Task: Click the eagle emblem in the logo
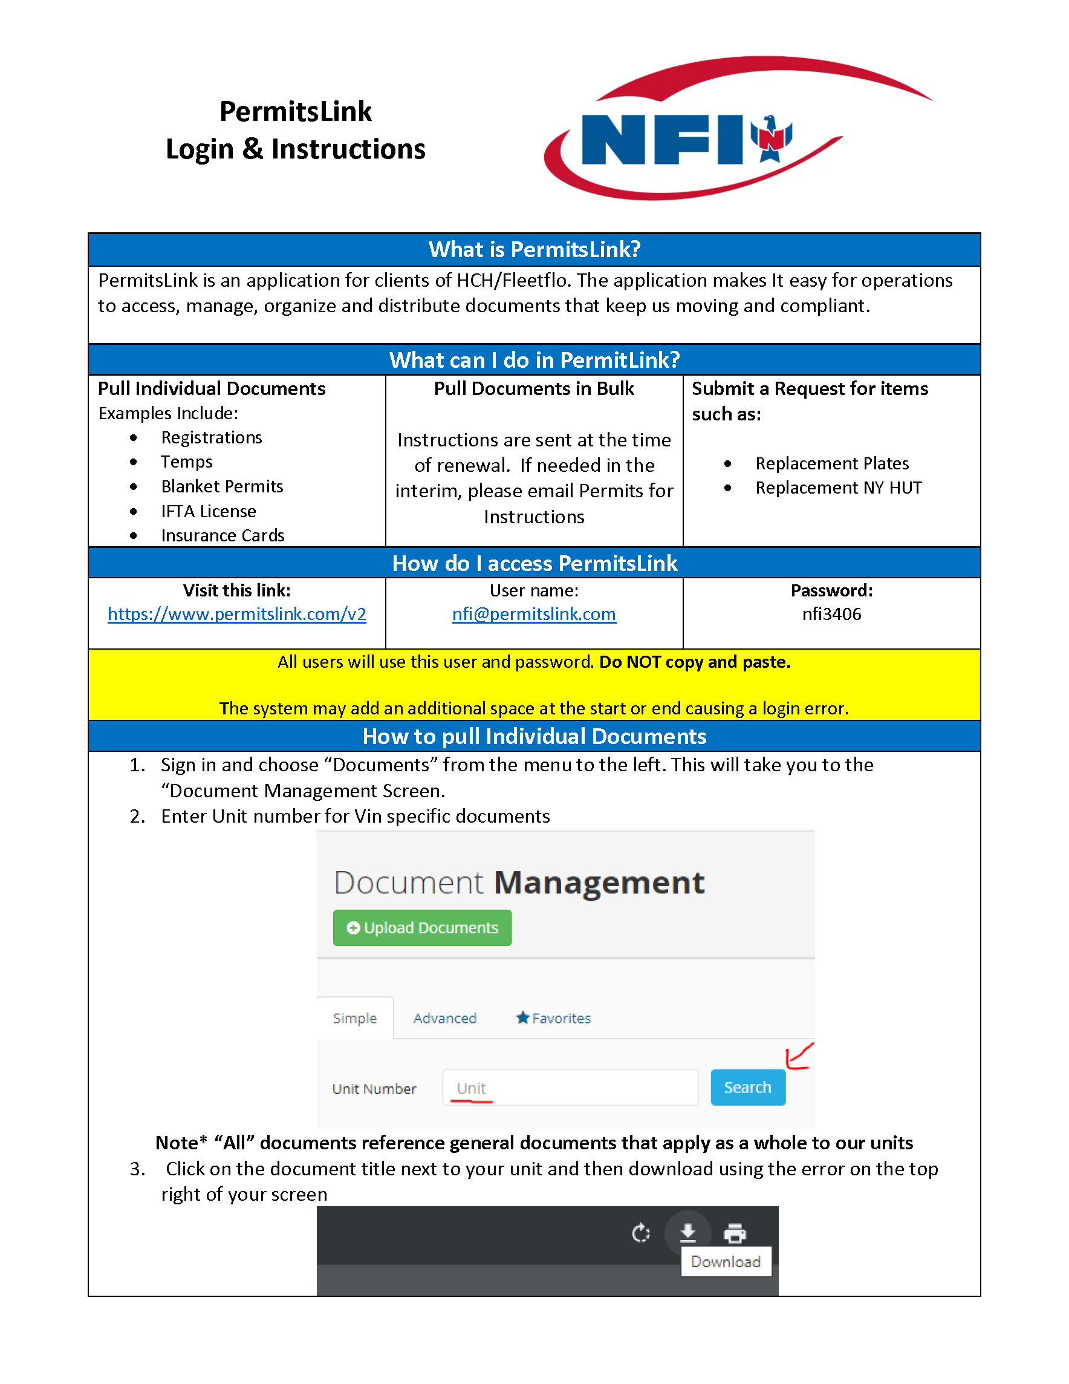pyautogui.click(x=771, y=137)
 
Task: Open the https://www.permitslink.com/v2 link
pyautogui.click(x=237, y=614)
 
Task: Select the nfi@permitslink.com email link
pyautogui.click(x=534, y=614)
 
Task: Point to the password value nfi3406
pyautogui.click(x=831, y=614)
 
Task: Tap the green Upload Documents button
pyautogui.click(x=422, y=928)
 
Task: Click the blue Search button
pyautogui.click(x=747, y=1088)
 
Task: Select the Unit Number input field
pyautogui.click(x=570, y=1088)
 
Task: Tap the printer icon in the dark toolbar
pyautogui.click(x=734, y=1233)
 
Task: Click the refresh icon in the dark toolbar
pyautogui.click(x=641, y=1233)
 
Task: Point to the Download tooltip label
pyautogui.click(x=725, y=1262)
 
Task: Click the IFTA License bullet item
pyautogui.click(x=209, y=511)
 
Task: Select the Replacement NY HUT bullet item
pyautogui.click(x=838, y=488)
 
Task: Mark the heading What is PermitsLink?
pyautogui.click(x=534, y=250)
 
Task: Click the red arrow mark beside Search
pyautogui.click(x=798, y=1056)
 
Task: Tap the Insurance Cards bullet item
pyautogui.click(x=223, y=535)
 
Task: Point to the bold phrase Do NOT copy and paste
pyautogui.click(x=695, y=662)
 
